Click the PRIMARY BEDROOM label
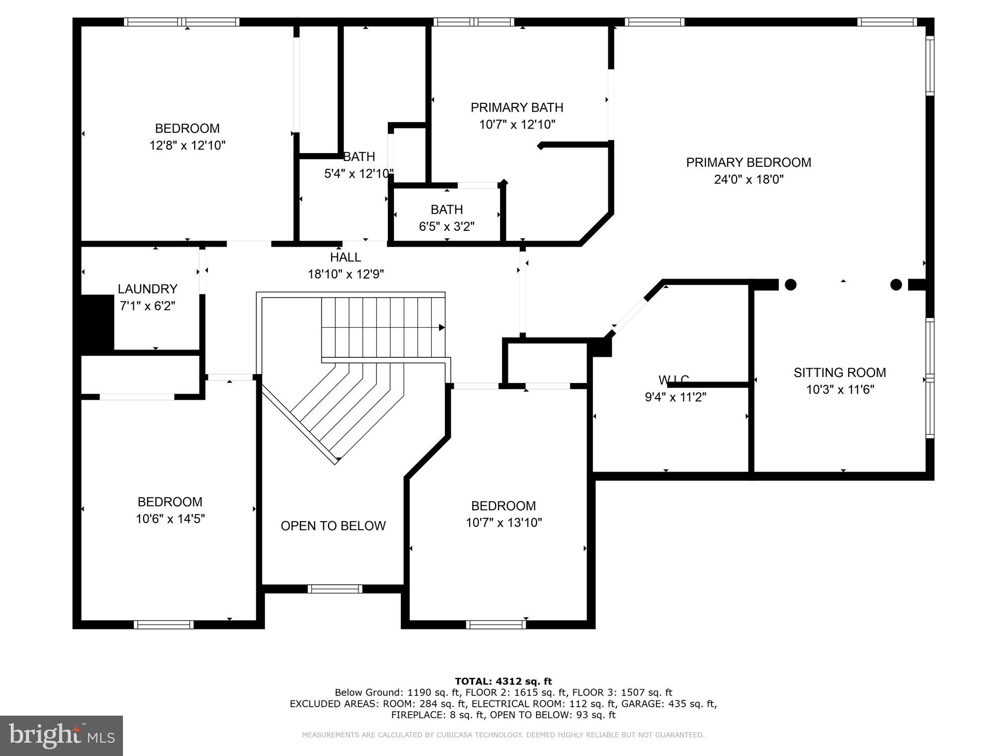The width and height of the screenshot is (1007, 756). click(x=748, y=162)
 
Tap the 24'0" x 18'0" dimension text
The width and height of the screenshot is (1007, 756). click(x=748, y=180)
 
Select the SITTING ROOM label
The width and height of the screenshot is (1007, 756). click(x=839, y=373)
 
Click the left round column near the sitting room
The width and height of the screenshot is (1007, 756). click(x=790, y=284)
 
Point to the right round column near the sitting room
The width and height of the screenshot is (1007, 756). click(x=896, y=284)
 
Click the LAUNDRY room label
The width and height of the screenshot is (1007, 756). click(x=148, y=289)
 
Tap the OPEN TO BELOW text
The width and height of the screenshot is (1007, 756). click(x=333, y=526)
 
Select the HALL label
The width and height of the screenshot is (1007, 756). click(x=345, y=257)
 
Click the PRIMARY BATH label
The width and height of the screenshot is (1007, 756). click(x=517, y=107)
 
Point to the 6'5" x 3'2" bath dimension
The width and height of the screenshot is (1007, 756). click(x=446, y=226)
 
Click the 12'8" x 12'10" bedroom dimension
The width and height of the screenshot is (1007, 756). click(x=187, y=146)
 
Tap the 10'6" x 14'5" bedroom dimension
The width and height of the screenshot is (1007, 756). click(x=170, y=519)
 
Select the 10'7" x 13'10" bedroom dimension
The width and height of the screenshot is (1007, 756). click(x=503, y=523)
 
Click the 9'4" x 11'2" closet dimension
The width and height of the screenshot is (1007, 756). click(x=675, y=397)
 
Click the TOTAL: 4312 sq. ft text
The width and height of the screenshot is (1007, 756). click(x=503, y=681)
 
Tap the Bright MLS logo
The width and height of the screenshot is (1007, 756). click(x=61, y=735)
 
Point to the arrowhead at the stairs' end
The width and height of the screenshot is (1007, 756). click(x=442, y=327)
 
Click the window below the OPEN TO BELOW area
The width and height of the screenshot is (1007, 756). click(x=335, y=589)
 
